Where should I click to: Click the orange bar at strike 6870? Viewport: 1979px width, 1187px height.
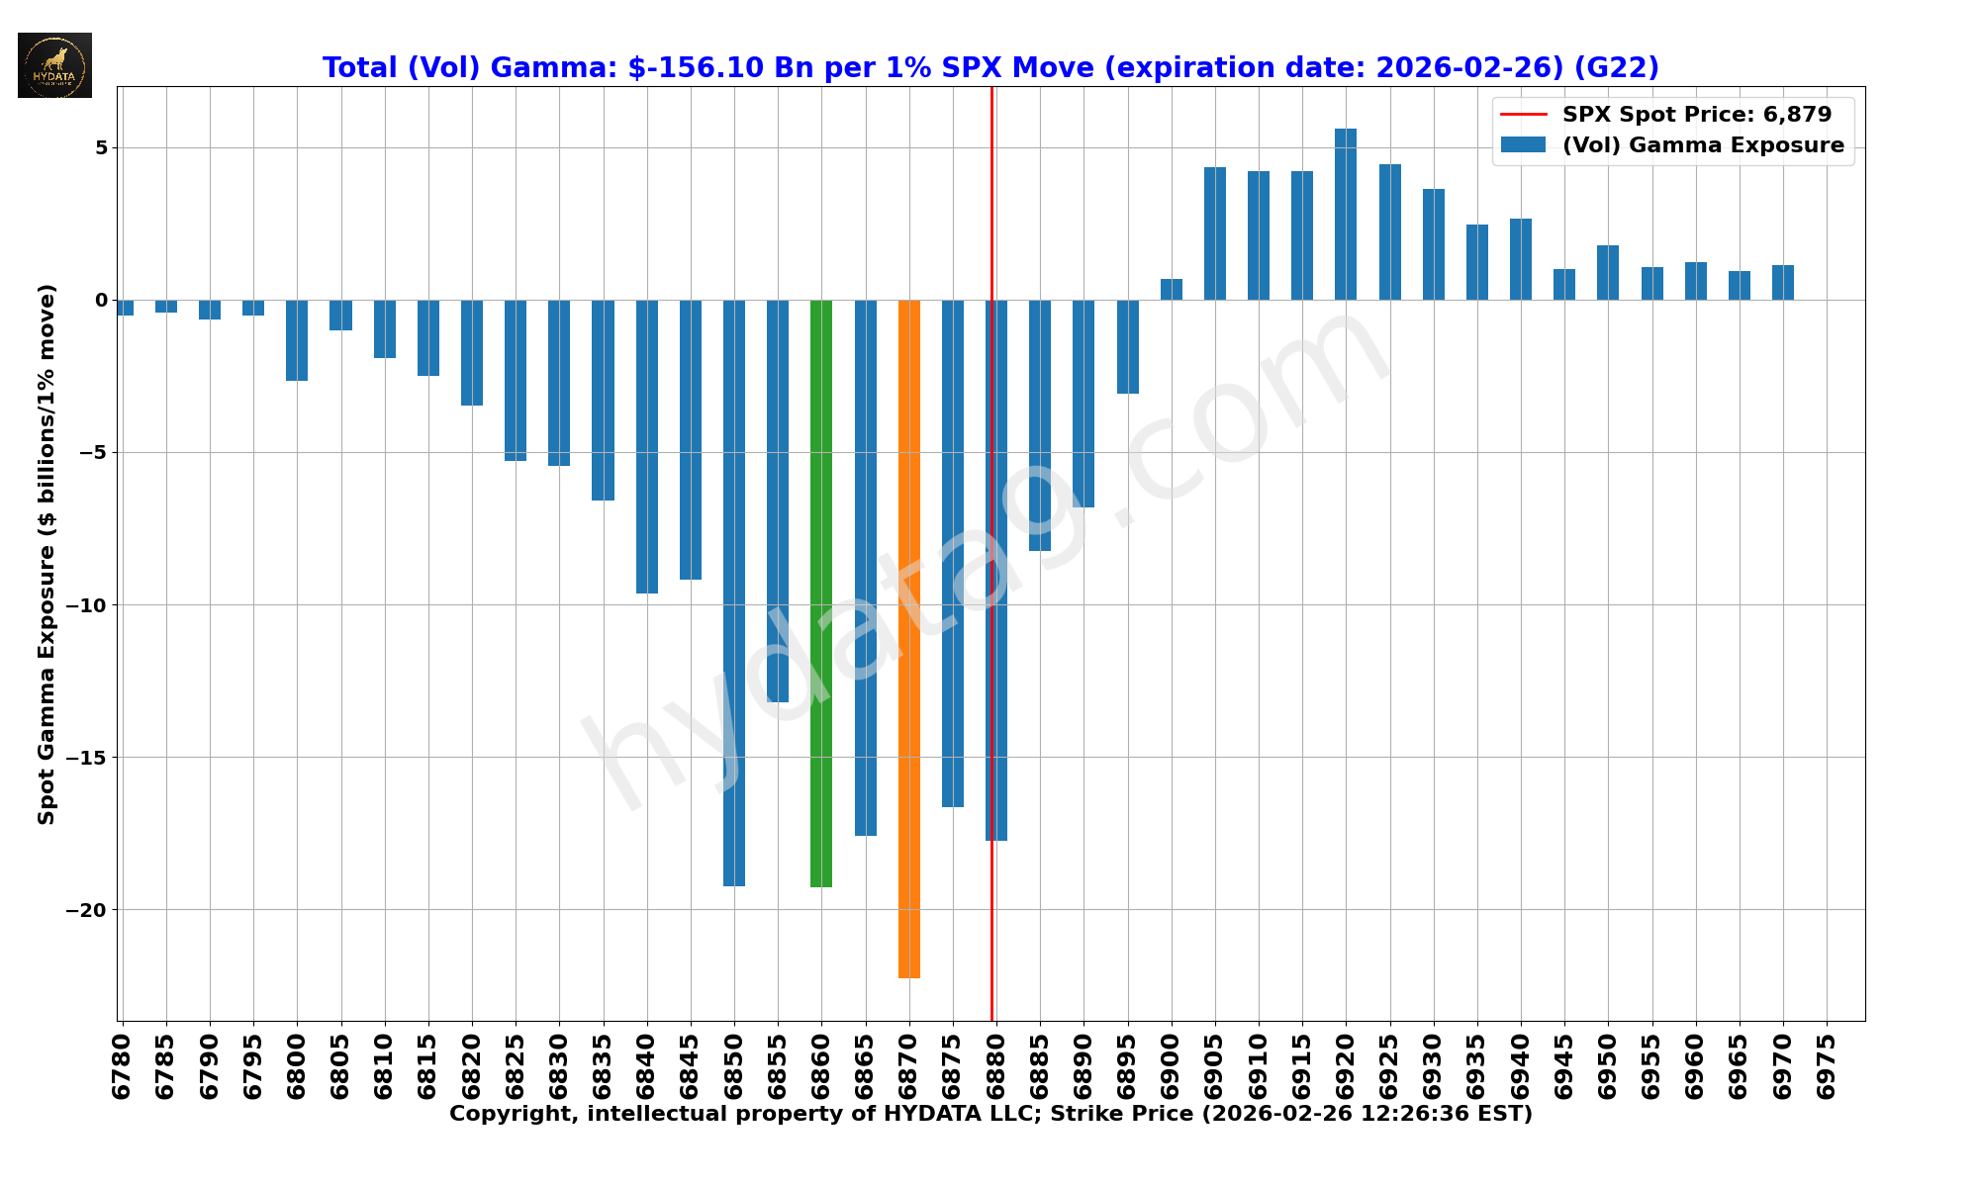point(908,638)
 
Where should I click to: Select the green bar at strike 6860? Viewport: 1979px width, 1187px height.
point(821,593)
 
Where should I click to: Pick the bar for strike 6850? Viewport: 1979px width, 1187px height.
point(734,593)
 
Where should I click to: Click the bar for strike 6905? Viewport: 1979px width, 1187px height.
point(1215,234)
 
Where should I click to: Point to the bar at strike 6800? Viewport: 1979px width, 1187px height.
point(297,340)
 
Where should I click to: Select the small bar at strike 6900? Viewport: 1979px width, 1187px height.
point(1172,290)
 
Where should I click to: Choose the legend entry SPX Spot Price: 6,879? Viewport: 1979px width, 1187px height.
point(1696,115)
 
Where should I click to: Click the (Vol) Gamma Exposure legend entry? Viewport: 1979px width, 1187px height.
point(1702,145)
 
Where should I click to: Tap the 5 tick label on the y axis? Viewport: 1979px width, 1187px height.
point(101,148)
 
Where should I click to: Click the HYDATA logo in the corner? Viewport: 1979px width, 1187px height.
point(54,65)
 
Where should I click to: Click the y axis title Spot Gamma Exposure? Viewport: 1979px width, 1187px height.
point(47,554)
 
